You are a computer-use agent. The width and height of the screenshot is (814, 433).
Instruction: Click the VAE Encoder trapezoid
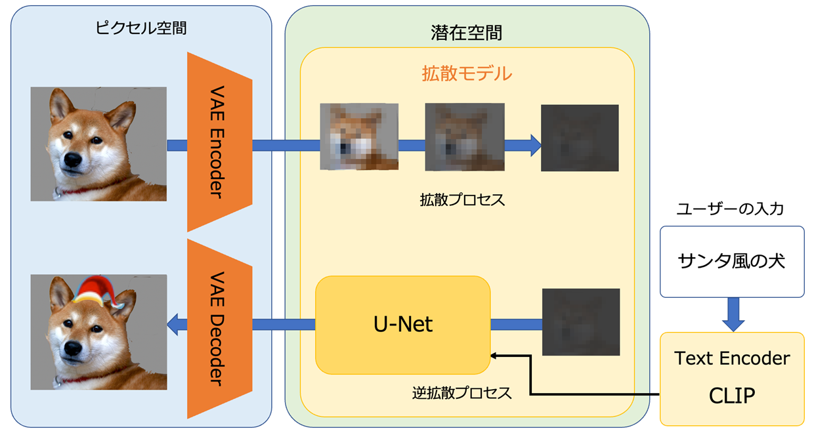[x=219, y=142]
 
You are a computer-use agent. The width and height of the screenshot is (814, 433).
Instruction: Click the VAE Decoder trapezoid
[x=219, y=328]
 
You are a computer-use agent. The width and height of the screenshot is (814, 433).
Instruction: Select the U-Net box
[x=402, y=324]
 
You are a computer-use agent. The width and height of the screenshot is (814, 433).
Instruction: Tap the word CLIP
[x=731, y=395]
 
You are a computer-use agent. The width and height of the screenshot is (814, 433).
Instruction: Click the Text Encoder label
[x=731, y=358]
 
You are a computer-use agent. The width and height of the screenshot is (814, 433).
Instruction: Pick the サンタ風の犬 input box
[x=731, y=261]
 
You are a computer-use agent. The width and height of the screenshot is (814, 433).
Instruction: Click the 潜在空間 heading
[x=467, y=32]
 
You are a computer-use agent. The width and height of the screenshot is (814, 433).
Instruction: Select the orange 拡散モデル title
[x=467, y=73]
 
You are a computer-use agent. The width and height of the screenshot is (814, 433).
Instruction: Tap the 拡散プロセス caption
[x=462, y=199]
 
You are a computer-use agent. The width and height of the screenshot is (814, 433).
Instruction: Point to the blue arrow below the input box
[x=733, y=314]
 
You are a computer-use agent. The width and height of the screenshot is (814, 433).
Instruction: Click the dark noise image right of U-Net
[x=581, y=322]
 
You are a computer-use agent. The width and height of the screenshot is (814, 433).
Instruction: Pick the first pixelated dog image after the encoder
[x=359, y=136]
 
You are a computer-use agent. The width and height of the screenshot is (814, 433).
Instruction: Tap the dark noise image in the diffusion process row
[x=580, y=138]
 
